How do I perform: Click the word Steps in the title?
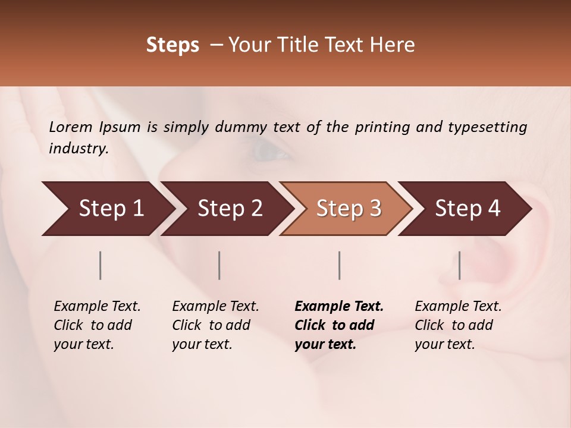(x=172, y=45)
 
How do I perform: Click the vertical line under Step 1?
(x=101, y=265)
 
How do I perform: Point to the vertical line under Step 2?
(x=219, y=265)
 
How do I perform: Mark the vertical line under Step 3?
(x=340, y=265)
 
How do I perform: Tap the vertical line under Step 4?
(x=460, y=265)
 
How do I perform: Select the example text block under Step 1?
(x=97, y=325)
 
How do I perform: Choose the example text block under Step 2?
(x=215, y=325)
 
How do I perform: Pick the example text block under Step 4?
(x=458, y=325)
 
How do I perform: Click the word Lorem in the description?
(x=71, y=127)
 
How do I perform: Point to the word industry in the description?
(x=79, y=149)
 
